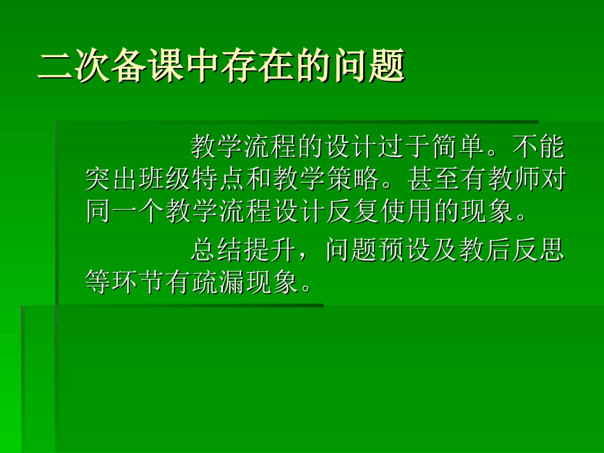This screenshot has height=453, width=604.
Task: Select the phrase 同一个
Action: point(126,212)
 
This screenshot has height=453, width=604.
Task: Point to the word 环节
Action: point(139,282)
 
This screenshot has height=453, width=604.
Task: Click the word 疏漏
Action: point(220,282)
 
